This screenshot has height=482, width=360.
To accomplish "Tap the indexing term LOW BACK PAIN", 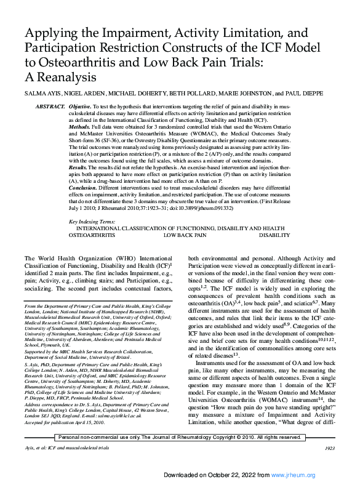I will point(185,235).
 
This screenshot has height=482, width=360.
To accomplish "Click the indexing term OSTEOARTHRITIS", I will point(91,235).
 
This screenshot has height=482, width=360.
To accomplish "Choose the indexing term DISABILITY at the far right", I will point(274,235).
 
